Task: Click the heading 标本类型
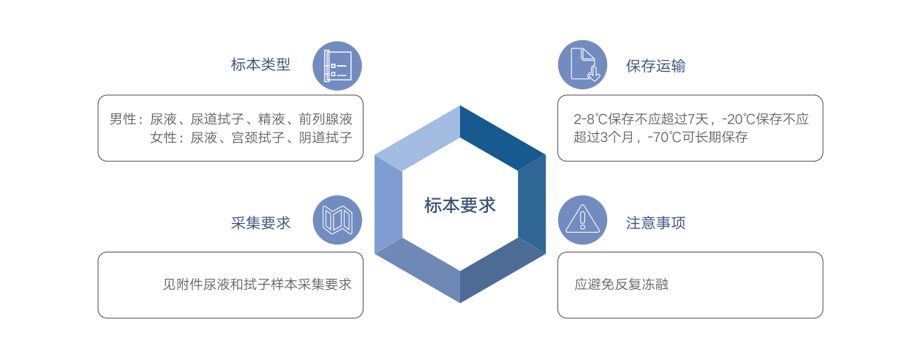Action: coord(260,65)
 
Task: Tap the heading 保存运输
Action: coord(655,66)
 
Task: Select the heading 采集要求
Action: coord(260,222)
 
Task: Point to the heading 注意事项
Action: coord(655,222)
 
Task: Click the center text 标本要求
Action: coord(460,206)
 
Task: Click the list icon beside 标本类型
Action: coord(337,66)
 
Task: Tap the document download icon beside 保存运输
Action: coord(582,64)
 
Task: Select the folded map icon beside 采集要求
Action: coord(337,220)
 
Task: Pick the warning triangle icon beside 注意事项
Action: coord(582,220)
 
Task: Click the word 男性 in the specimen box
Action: coord(123,119)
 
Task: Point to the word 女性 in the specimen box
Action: coord(163,138)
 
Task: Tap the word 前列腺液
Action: coord(325,119)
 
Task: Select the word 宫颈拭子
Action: coord(258,138)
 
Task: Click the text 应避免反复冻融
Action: coord(621,285)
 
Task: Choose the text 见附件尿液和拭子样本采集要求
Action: coord(257,285)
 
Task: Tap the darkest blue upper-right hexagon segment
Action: coord(503,137)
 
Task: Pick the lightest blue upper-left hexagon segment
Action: coord(418,138)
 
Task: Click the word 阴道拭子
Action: coord(325,138)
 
